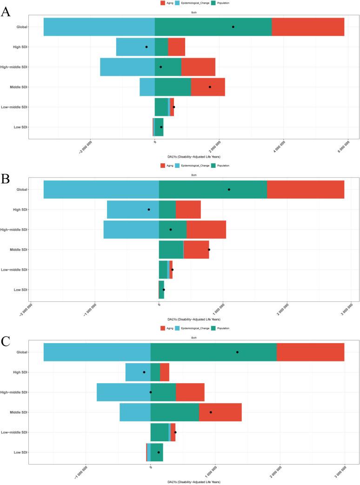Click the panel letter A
pos(6,11)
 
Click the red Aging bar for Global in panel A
pos(308,27)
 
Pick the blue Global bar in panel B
pos(101,189)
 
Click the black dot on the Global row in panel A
pos(233,27)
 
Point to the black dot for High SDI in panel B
pos(149,209)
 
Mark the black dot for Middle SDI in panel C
pos(211,412)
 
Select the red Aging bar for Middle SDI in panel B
pos(196,250)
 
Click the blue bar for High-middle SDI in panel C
pos(123,392)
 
